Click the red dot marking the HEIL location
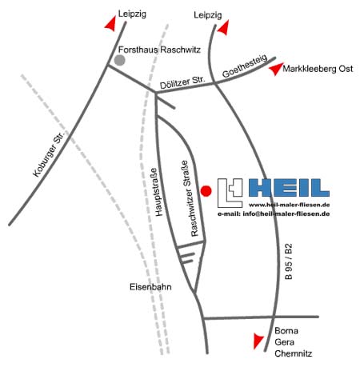point(206,191)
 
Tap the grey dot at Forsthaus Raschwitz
point(120,60)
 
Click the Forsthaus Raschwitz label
point(159,50)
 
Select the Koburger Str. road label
point(49,154)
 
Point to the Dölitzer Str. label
point(182,82)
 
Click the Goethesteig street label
point(245,66)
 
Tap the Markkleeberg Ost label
point(318,69)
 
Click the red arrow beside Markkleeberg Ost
point(276,69)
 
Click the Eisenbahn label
point(150,287)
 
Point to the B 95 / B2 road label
point(289,261)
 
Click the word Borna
point(286,331)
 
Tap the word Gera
point(284,342)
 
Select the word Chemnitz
point(293,353)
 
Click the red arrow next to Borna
point(258,341)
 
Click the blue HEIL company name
point(289,188)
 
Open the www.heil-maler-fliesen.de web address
point(290,205)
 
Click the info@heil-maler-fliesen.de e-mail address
point(286,213)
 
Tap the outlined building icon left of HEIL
point(230,193)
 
